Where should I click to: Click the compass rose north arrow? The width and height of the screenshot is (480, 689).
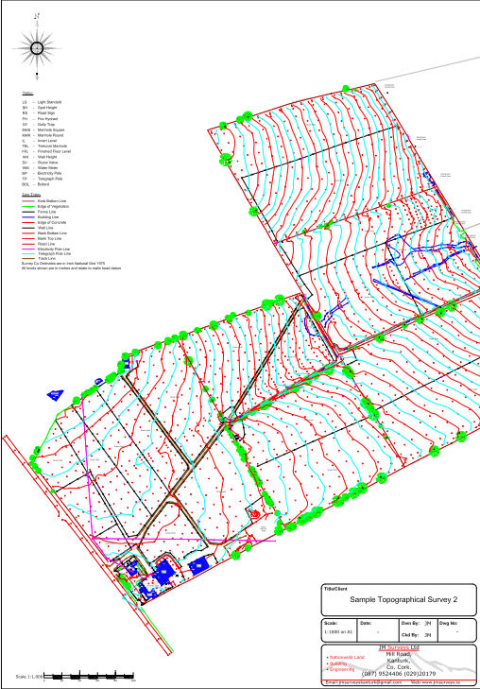[37, 45]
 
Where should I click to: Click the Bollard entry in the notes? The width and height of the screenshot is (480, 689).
[42, 185]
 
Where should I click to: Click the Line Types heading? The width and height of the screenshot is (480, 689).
[30, 195]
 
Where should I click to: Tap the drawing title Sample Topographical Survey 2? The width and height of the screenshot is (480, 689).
[397, 600]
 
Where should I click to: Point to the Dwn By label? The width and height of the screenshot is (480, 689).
[409, 624]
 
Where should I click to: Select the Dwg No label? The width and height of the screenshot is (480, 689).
[450, 624]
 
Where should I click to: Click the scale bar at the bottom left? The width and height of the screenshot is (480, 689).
[91, 677]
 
